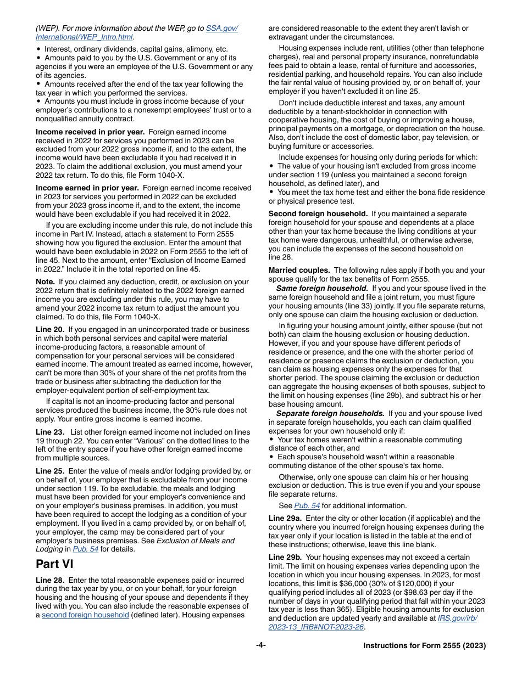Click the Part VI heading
[54, 564]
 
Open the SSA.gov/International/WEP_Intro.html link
[221, 29]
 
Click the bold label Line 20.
[50, 330]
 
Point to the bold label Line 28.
[50, 581]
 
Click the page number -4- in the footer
[261, 645]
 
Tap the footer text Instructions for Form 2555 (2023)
[424, 646]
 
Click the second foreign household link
[85, 615]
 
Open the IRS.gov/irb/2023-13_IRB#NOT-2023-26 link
[457, 618]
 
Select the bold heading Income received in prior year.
[90, 132]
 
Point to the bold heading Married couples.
[299, 271]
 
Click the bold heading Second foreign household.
[318, 214]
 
